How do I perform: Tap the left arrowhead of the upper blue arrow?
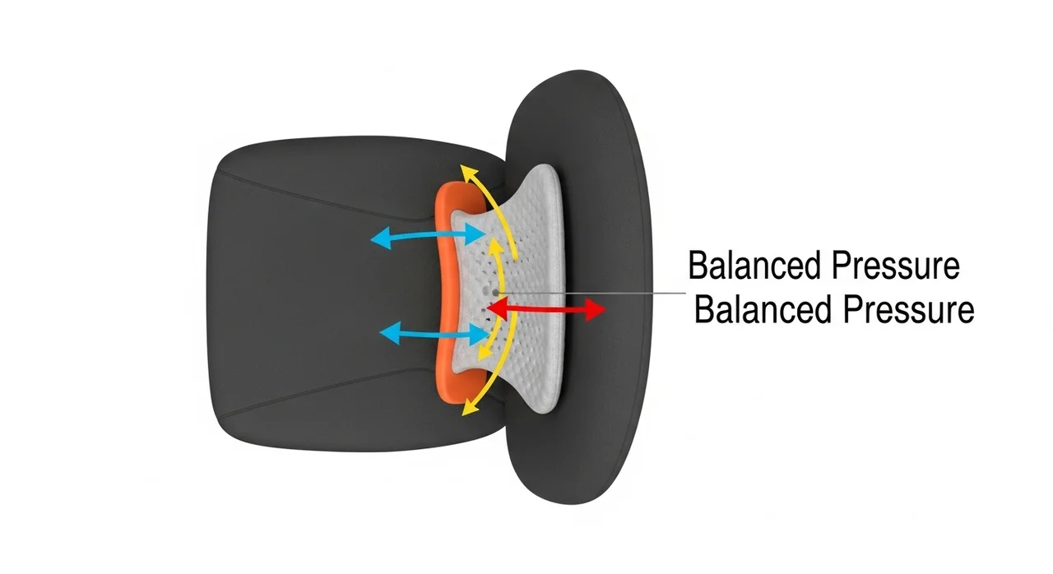point(379,239)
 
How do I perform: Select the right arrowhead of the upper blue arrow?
point(478,235)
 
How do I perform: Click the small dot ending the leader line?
point(495,292)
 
